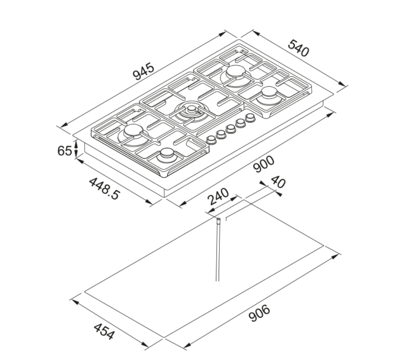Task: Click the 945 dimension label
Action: click(x=144, y=71)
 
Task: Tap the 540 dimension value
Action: click(x=299, y=48)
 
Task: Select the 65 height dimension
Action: click(x=64, y=151)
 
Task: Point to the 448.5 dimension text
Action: click(x=104, y=188)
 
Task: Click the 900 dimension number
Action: click(x=264, y=164)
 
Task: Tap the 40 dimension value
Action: click(x=278, y=182)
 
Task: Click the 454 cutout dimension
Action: click(x=104, y=332)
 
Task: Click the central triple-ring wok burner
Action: click(x=191, y=111)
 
